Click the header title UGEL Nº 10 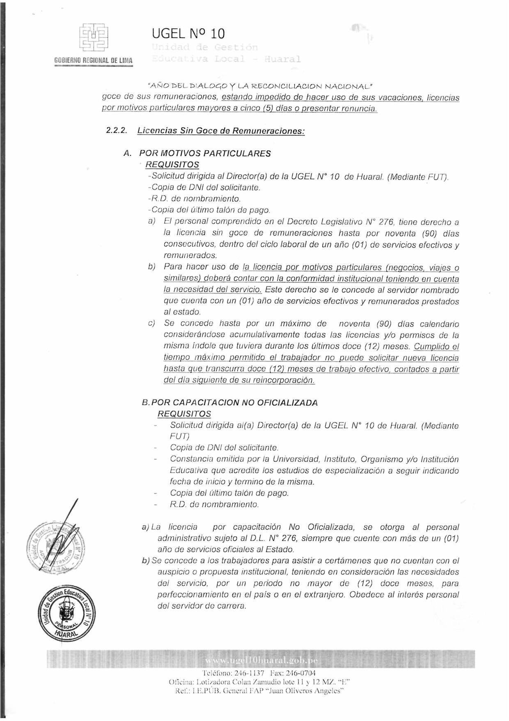click(188, 33)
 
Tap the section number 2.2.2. click(116, 131)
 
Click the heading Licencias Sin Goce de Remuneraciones click(221, 131)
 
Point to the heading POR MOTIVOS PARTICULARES click(205, 153)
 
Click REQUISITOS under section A click(172, 164)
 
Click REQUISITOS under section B click(184, 414)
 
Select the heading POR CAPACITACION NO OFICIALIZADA click(234, 402)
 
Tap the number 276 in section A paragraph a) click(385, 222)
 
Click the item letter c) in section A click(151, 323)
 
